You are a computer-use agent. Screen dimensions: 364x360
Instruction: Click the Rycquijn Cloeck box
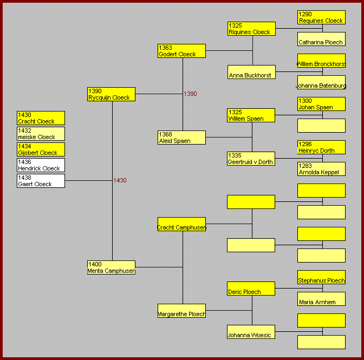(x=111, y=94)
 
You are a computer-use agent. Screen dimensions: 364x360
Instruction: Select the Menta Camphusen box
(x=111, y=267)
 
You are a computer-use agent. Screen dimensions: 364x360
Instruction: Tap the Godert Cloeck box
(x=181, y=51)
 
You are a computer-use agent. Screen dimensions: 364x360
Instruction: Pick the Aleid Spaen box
(x=181, y=138)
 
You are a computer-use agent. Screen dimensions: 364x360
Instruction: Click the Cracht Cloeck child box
(x=41, y=118)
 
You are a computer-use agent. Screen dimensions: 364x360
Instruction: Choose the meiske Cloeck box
(x=41, y=134)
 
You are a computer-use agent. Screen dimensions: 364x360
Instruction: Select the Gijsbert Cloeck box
(x=41, y=149)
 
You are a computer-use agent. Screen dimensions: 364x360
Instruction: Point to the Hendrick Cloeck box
(x=41, y=165)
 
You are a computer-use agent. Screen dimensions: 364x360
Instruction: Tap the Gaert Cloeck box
(x=41, y=181)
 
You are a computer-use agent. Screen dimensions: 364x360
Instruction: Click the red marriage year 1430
(x=120, y=180)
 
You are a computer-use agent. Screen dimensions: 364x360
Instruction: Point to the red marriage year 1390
(x=190, y=94)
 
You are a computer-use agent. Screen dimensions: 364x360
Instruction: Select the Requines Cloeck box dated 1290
(x=321, y=17)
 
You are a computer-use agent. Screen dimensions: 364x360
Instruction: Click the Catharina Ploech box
(x=321, y=39)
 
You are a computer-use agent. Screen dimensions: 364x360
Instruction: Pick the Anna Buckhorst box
(x=251, y=72)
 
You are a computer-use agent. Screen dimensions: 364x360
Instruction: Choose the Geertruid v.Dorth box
(x=251, y=159)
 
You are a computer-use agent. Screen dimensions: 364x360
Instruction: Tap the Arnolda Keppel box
(x=321, y=169)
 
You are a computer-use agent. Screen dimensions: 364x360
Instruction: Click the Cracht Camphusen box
(x=181, y=224)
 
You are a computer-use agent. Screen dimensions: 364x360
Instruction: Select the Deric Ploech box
(x=251, y=289)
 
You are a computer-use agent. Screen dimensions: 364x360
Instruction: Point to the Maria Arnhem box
(x=321, y=299)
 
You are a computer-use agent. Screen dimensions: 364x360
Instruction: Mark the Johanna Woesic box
(x=251, y=332)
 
